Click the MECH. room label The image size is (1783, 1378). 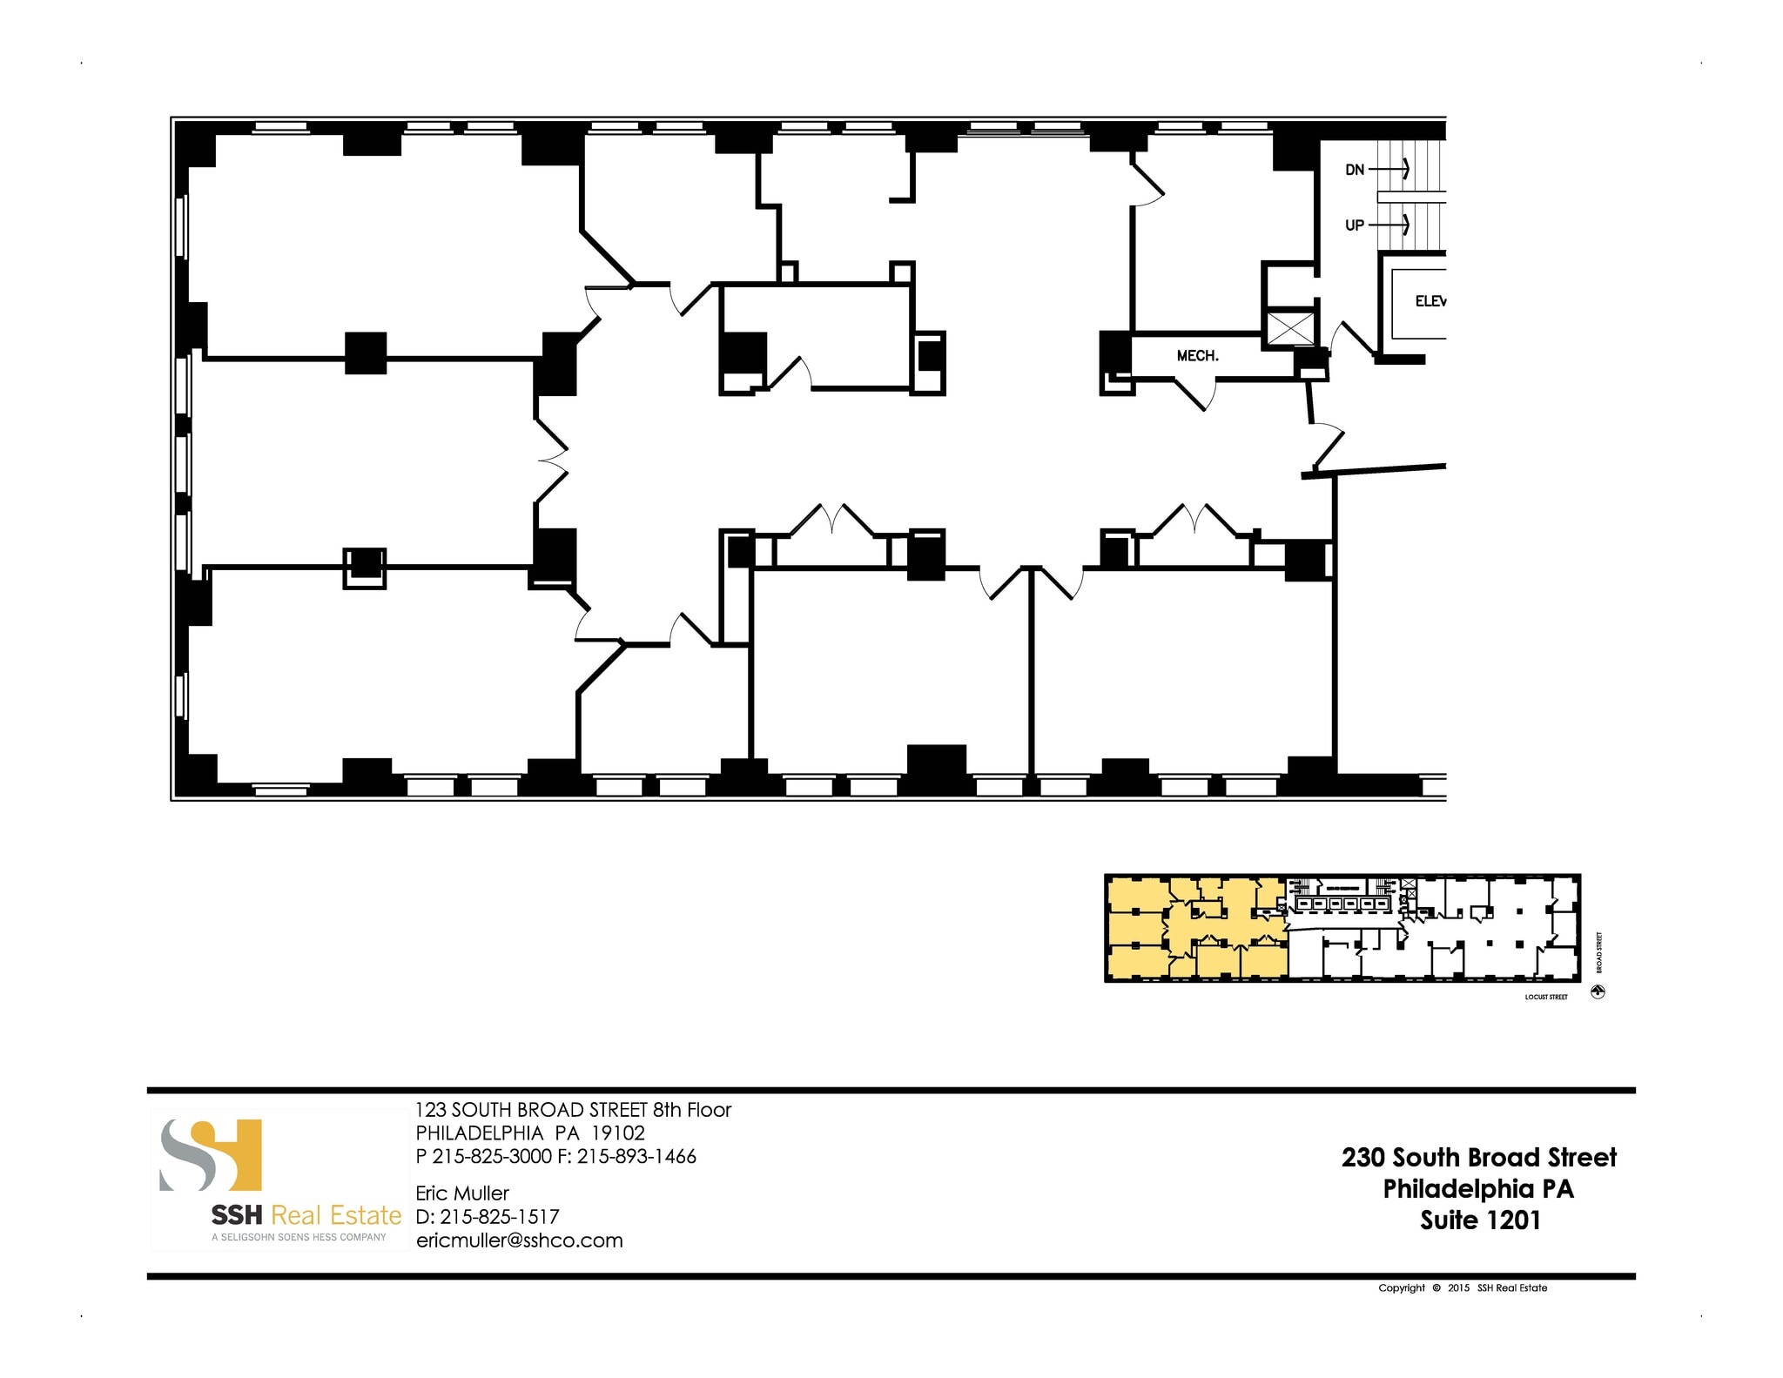(1197, 356)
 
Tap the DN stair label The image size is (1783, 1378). (1355, 170)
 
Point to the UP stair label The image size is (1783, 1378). (1355, 225)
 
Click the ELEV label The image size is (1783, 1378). (1430, 301)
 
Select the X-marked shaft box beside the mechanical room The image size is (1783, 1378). (1290, 328)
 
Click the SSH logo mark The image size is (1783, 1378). (212, 1154)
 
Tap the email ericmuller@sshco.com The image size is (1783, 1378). (520, 1240)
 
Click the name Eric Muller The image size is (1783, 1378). (462, 1193)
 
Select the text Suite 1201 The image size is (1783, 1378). (1480, 1220)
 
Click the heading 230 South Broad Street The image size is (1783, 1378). (1479, 1157)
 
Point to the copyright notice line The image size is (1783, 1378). (1463, 1287)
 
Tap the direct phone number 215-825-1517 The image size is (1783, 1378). (499, 1217)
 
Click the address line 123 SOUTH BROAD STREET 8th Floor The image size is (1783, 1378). (573, 1110)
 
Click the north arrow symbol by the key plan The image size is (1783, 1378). (1598, 992)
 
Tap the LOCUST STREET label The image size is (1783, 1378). (1546, 997)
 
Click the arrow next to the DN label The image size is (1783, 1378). (1390, 169)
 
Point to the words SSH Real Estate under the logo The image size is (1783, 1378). (306, 1215)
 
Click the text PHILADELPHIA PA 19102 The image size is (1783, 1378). (530, 1133)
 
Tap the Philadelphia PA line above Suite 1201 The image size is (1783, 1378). (1478, 1189)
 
